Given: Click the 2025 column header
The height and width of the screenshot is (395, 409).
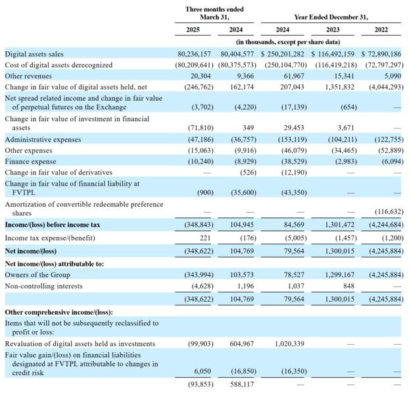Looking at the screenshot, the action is point(193,30).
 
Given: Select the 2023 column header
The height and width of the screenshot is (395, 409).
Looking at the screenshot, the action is point(333,30).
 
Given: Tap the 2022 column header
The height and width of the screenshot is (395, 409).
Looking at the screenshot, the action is point(381,30).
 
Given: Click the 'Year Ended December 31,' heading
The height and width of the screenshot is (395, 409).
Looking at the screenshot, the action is point(331,17).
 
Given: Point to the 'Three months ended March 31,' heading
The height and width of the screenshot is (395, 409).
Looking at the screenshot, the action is point(214,13).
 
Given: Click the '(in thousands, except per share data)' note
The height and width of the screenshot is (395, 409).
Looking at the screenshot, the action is point(288,42).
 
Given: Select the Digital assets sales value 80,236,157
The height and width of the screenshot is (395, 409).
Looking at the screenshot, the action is point(194,54).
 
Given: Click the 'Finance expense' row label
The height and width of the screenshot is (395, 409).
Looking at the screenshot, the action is point(30,161).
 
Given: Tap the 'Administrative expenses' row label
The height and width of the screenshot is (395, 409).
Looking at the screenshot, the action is point(43,140).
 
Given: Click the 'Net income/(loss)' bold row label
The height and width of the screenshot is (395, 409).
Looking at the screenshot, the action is point(31,251).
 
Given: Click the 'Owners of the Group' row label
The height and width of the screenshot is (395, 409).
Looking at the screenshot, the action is point(37,275).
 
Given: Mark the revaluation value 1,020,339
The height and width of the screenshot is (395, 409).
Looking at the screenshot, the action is point(289,344).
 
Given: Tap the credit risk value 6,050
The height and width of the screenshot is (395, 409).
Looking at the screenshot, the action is point(203,371).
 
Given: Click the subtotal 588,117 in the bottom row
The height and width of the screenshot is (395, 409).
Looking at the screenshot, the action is point(242,384).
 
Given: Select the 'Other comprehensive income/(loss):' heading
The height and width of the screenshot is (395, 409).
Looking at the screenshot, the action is point(59,312).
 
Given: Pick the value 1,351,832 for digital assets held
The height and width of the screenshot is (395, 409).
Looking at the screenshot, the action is point(339,87).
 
